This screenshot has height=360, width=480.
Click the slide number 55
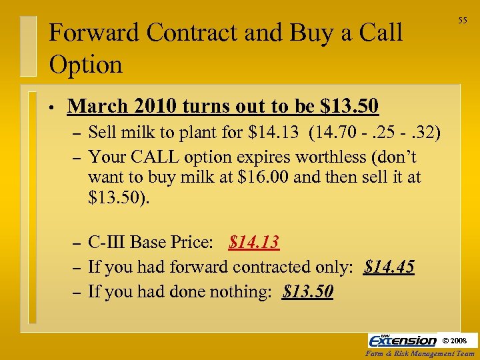point(462,21)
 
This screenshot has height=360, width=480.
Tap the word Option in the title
point(86,65)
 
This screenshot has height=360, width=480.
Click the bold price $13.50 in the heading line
point(349,106)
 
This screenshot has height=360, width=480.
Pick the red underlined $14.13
point(253,242)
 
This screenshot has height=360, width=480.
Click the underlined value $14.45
point(389,267)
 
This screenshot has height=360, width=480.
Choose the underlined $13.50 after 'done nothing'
point(308,292)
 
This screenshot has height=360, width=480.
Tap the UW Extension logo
point(403,340)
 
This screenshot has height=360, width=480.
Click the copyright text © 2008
point(459,341)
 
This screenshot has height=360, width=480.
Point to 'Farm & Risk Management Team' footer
point(421,354)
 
